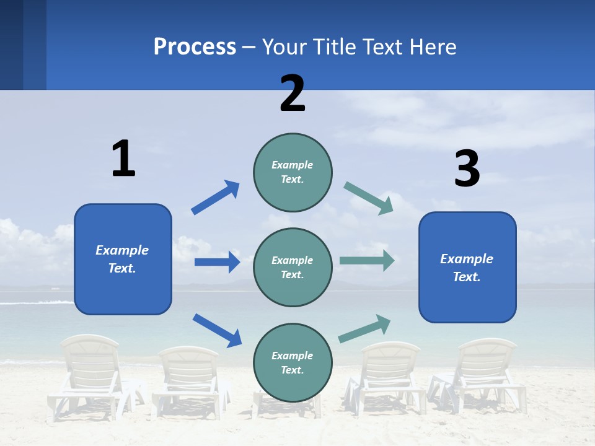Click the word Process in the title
click(x=195, y=46)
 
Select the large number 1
click(x=123, y=159)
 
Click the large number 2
click(x=293, y=93)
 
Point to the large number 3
click(x=467, y=169)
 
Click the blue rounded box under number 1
click(x=123, y=259)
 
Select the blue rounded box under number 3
click(x=467, y=267)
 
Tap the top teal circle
click(x=293, y=172)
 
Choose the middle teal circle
click(x=293, y=267)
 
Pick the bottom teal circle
click(x=293, y=362)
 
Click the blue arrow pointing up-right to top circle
click(x=215, y=198)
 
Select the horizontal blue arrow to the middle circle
click(x=217, y=262)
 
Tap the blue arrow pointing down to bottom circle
click(x=217, y=330)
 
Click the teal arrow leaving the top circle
click(x=369, y=198)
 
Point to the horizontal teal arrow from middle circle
click(x=367, y=260)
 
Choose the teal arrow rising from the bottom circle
click(x=364, y=328)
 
